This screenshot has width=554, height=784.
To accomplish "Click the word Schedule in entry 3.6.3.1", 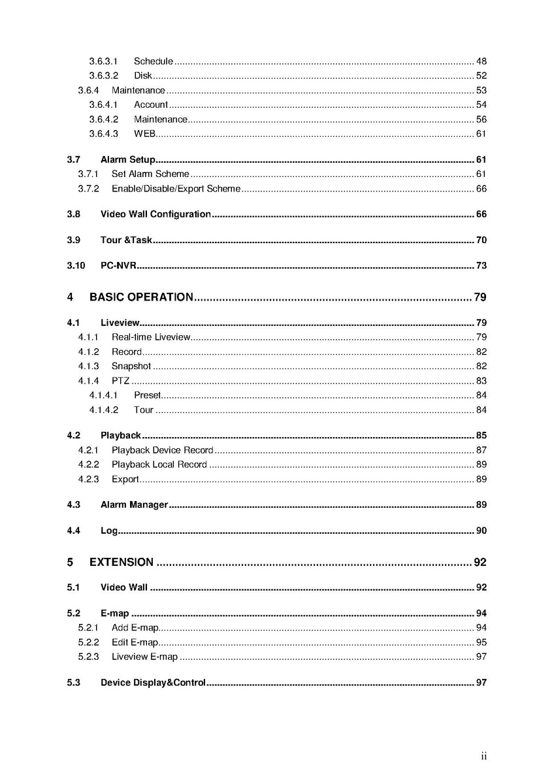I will coord(154,61).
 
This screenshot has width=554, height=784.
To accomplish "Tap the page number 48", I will coord(481,61).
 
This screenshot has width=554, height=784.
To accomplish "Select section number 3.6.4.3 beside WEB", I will coord(104,134).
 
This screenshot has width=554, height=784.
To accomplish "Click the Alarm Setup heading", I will coord(128,159).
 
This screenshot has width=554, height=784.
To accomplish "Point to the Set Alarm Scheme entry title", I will coord(150,174).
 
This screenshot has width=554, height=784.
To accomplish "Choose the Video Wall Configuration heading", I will coord(155,214).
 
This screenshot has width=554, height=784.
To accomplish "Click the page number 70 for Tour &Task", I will coord(481,240).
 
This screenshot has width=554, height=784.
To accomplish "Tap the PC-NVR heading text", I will coord(118,265).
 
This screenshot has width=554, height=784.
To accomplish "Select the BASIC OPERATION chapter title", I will coord(141,298).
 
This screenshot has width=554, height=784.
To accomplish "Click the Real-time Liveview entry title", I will coord(151,337).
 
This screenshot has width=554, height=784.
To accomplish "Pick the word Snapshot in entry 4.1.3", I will coord(131,367).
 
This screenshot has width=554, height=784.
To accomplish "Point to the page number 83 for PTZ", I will coord(481,381).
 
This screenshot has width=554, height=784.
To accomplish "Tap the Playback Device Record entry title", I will coord(163,450).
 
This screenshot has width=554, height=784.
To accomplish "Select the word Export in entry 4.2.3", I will coord(125,480).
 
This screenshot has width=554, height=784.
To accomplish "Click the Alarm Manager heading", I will coord(135,505).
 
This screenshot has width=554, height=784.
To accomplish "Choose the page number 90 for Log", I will coord(481,531).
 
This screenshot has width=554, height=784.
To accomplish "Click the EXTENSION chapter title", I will coord(122,563).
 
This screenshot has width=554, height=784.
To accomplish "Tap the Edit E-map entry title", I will coord(135,642).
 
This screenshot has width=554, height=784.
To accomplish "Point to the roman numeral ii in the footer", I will coord(484,757).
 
